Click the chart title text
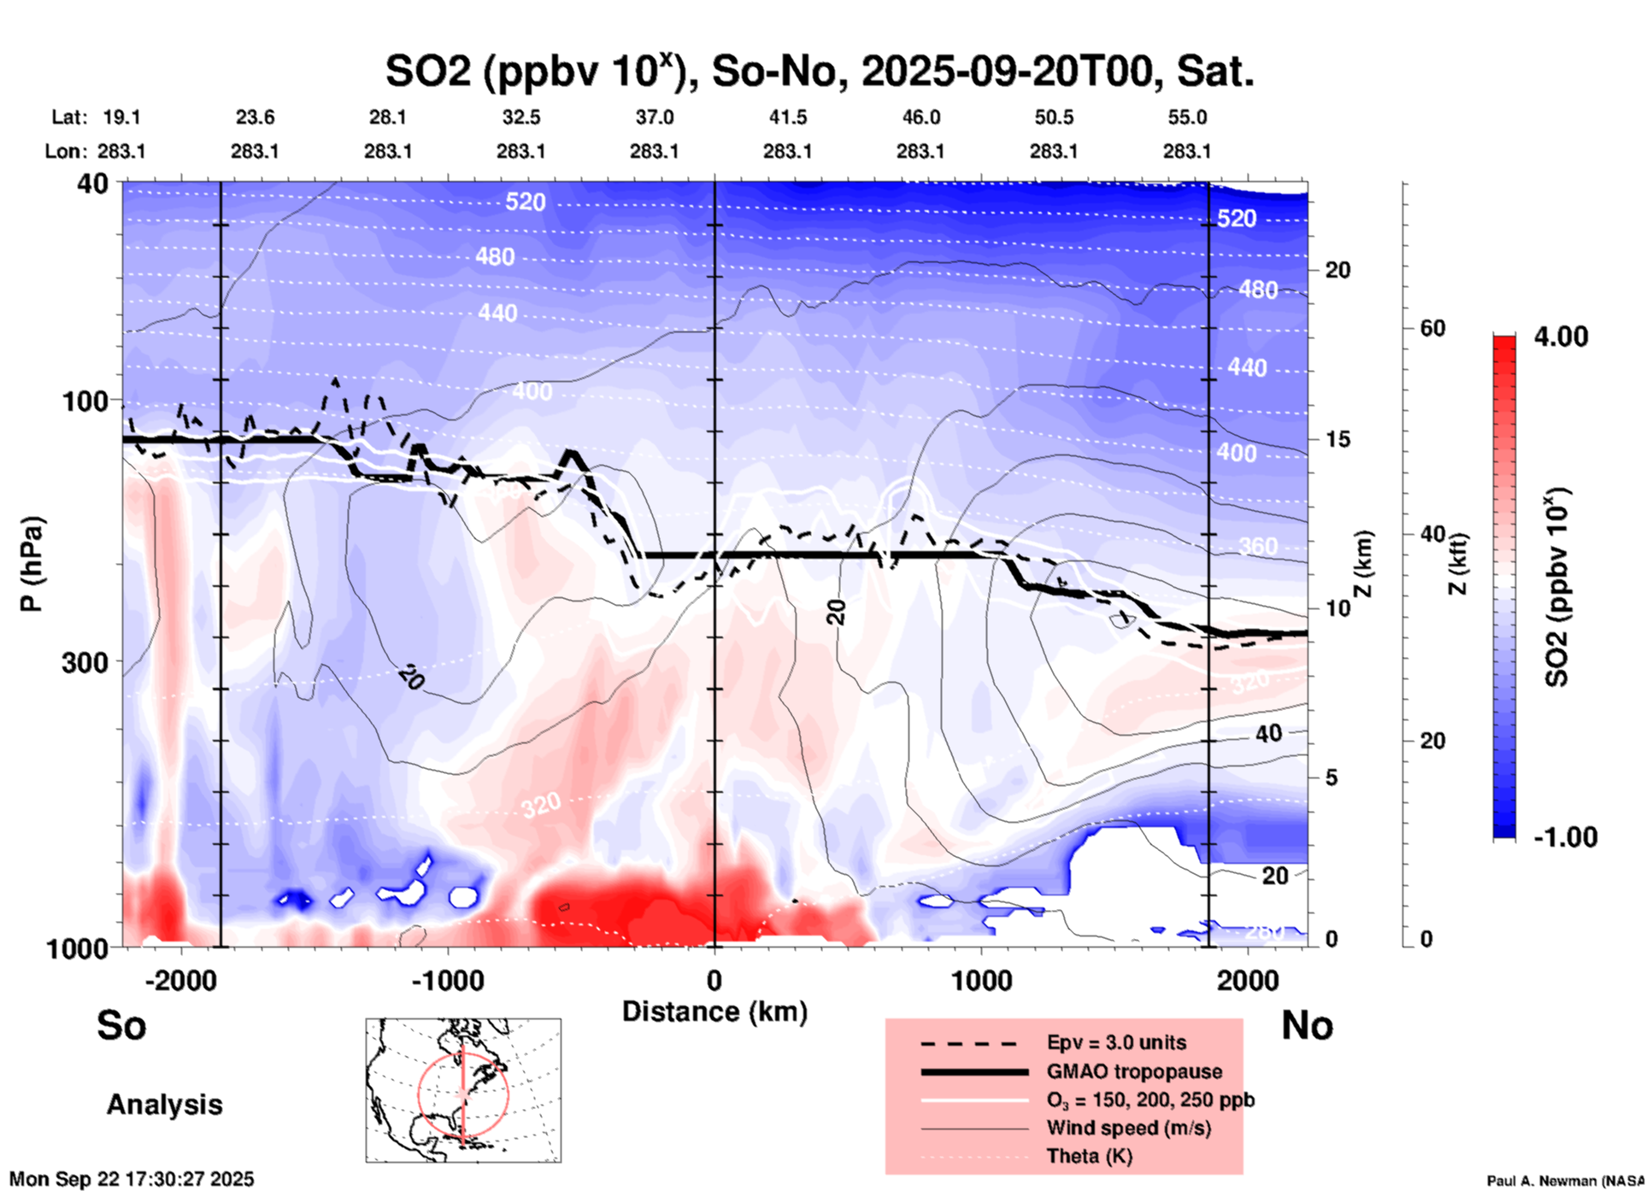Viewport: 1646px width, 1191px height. (x=819, y=72)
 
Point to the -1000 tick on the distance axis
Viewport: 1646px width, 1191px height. (x=448, y=980)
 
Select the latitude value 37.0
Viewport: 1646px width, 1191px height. (x=654, y=117)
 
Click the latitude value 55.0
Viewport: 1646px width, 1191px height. (x=1187, y=117)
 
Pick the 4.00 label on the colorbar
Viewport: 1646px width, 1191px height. (x=1561, y=337)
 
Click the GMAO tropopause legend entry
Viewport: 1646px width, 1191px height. (x=1134, y=1071)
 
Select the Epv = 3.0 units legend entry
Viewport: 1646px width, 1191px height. (x=1116, y=1042)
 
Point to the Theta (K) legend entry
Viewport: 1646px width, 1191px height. (x=1090, y=1156)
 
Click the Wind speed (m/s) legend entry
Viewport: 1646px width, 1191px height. (x=1128, y=1128)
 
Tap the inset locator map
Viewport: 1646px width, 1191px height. (x=463, y=1089)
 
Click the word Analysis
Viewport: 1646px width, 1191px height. (x=164, y=1105)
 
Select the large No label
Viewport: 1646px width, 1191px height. (x=1307, y=1025)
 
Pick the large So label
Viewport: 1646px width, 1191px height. (x=121, y=1025)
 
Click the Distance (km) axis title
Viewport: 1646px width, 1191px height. (x=714, y=1012)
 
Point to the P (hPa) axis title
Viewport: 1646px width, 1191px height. (x=32, y=564)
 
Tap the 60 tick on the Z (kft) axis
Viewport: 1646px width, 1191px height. (x=1432, y=328)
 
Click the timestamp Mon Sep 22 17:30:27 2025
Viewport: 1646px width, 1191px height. (x=132, y=1179)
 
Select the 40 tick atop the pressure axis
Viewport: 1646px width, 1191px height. (x=93, y=184)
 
